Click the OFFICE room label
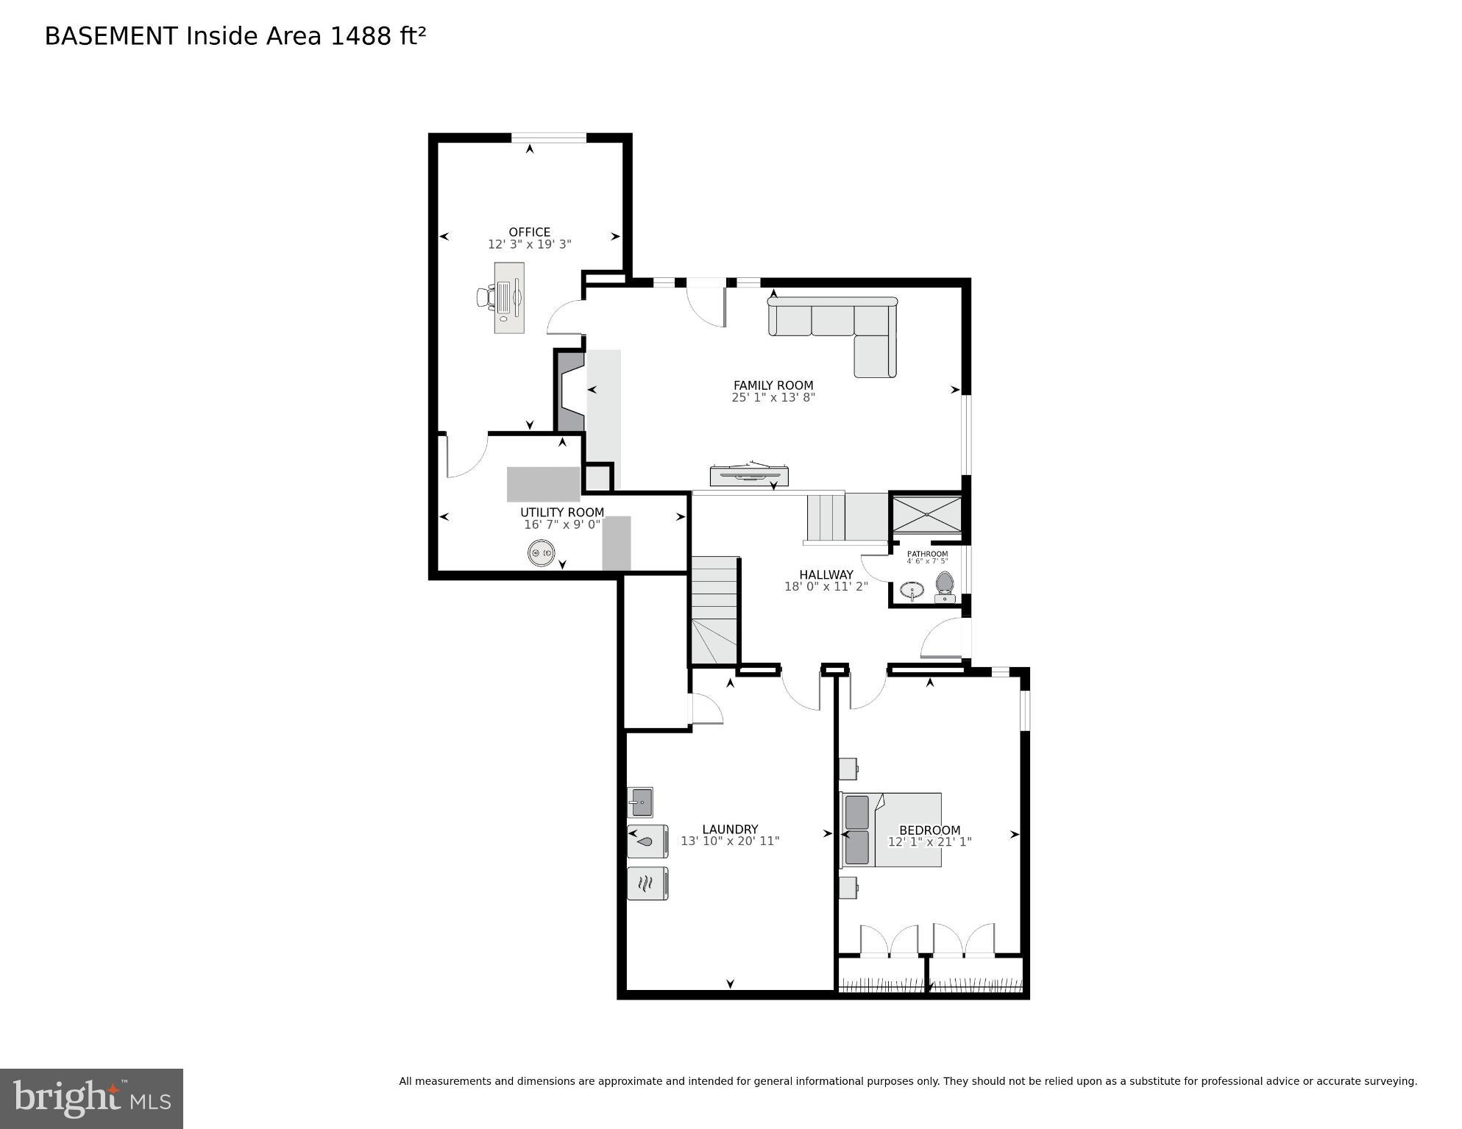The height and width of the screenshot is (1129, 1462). pos(529,232)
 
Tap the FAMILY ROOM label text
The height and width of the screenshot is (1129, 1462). pos(773,385)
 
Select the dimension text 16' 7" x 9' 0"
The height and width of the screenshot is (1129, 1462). pos(562,524)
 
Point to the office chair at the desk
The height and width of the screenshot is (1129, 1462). pos(486,297)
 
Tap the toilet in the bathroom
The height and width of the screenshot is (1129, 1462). pos(944,586)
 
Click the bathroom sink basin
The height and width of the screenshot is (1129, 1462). pos(912,590)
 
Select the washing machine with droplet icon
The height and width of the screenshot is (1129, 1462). pos(647,841)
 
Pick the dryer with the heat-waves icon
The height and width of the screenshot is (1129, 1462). pos(647,883)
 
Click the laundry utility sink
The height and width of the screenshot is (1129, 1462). pos(640,802)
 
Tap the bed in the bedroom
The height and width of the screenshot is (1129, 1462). pos(891,830)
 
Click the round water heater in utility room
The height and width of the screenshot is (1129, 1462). pos(542,553)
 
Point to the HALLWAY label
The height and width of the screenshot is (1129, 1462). pos(826,574)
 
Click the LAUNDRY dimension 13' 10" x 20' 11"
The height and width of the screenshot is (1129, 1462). pos(729,841)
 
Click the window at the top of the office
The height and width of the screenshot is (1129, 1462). pos(548,137)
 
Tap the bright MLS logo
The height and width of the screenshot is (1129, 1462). pos(91,1098)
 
